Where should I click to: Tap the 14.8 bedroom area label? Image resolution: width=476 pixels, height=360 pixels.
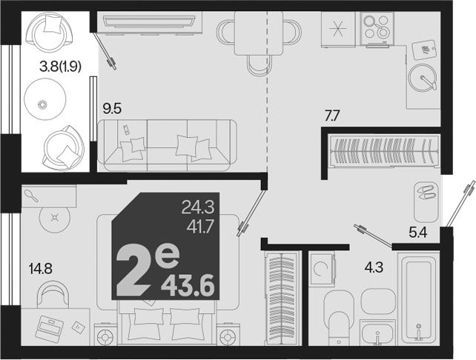[40, 268]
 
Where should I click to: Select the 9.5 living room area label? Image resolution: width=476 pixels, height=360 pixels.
[112, 108]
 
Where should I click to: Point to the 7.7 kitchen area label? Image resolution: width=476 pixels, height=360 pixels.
[332, 116]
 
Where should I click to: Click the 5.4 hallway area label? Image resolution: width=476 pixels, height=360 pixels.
[418, 233]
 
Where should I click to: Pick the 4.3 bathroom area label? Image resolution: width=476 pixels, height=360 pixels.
[374, 267]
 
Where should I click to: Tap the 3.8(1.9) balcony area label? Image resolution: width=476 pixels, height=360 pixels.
[60, 67]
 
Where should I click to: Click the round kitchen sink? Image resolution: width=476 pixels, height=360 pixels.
[423, 77]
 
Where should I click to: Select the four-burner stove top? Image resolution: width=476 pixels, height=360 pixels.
[377, 28]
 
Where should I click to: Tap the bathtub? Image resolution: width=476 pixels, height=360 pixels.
[419, 299]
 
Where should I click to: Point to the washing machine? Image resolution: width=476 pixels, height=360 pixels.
[322, 270]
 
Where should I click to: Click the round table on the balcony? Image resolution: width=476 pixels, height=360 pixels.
[45, 99]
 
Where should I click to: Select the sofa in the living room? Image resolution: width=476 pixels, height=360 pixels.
[167, 145]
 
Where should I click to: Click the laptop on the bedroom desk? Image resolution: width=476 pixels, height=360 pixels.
[50, 329]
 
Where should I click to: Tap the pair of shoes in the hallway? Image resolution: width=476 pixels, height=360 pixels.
[426, 193]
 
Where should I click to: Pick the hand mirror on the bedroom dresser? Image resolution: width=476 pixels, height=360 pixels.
[31, 196]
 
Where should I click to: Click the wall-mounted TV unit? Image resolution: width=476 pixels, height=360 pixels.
[149, 21]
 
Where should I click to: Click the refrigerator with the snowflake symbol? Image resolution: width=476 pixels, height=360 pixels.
[338, 30]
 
